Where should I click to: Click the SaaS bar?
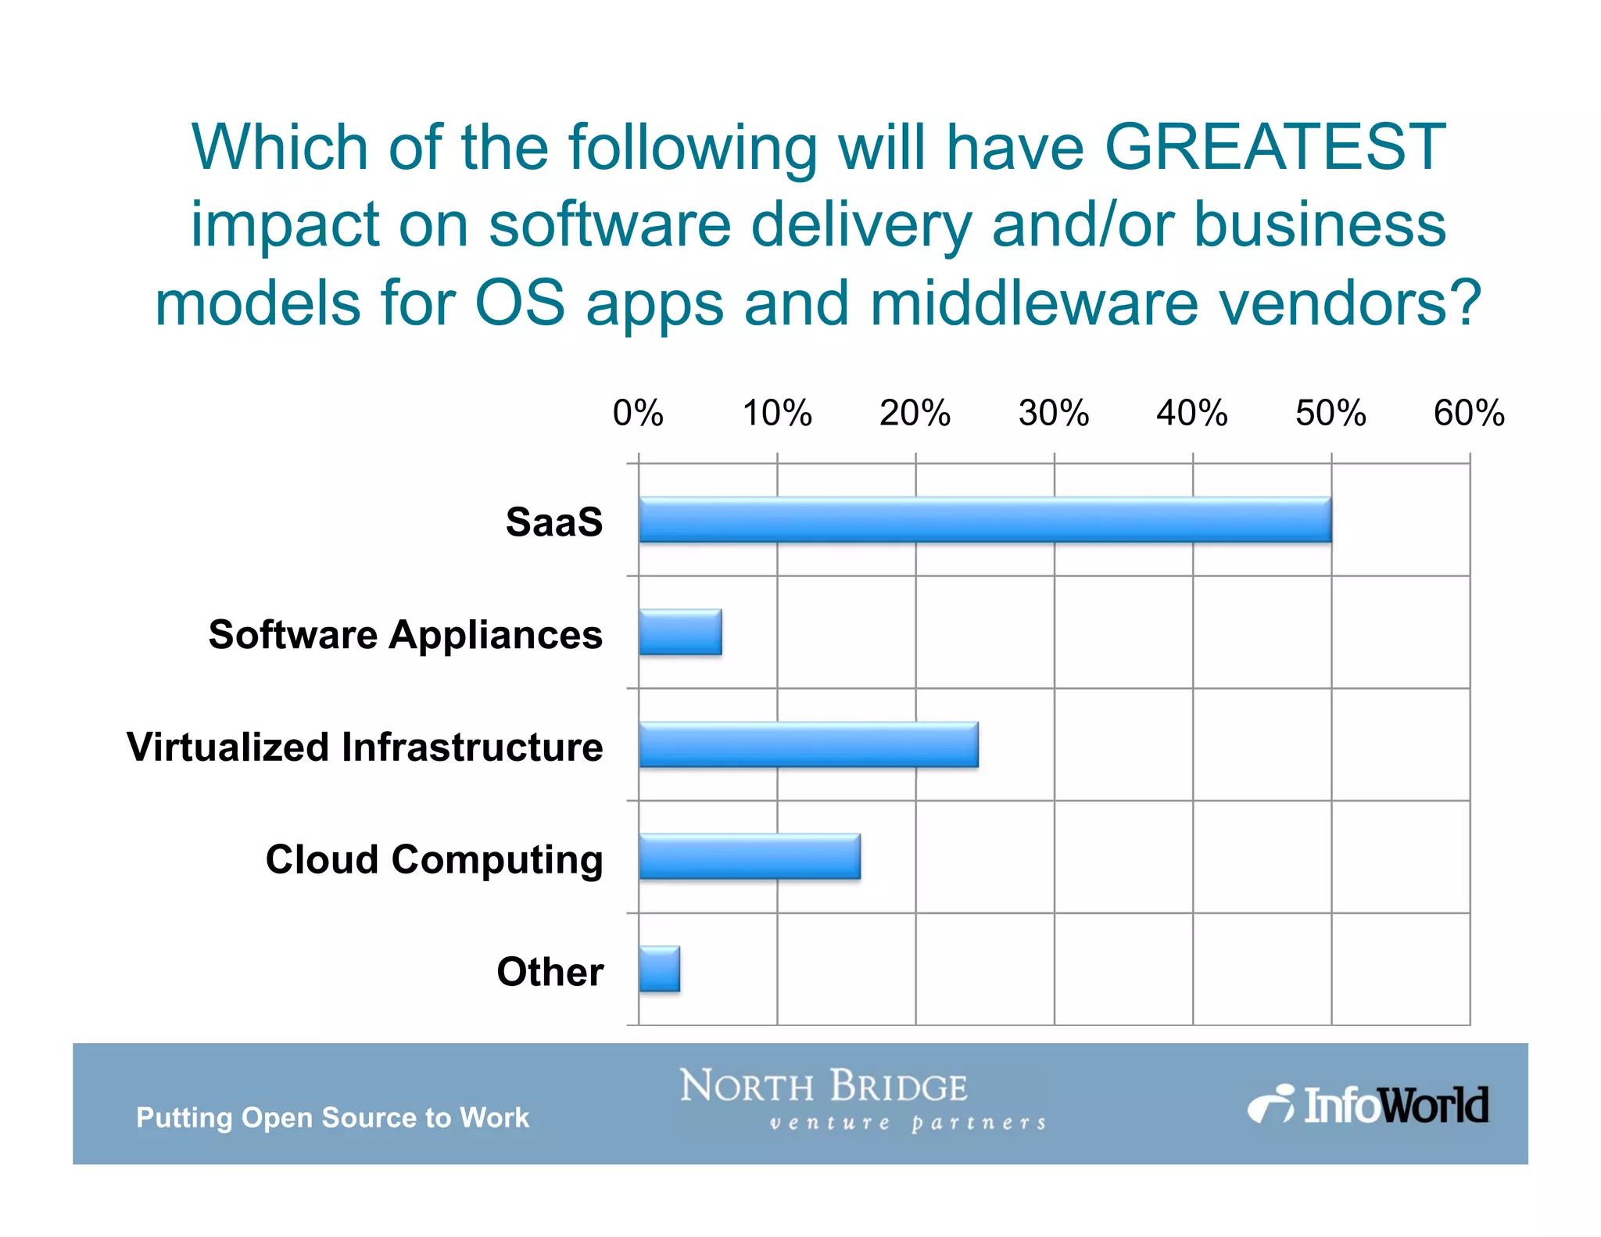coord(985,520)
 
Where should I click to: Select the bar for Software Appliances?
coord(680,633)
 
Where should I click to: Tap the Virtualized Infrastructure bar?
coord(808,744)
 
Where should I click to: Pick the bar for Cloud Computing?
coord(750,857)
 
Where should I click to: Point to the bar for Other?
coord(659,970)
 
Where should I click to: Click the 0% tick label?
coord(638,413)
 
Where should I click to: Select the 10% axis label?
coord(777,413)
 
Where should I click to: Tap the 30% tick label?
coord(1054,413)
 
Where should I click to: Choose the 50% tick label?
coord(1331,413)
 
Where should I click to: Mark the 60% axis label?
coord(1469,413)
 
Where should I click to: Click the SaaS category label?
coord(554,522)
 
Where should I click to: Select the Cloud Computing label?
coord(434,859)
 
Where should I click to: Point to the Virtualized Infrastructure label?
coord(365,747)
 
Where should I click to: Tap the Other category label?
coord(550,972)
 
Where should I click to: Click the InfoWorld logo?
coord(1368,1105)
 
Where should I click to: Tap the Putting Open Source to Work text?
coord(333,1117)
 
